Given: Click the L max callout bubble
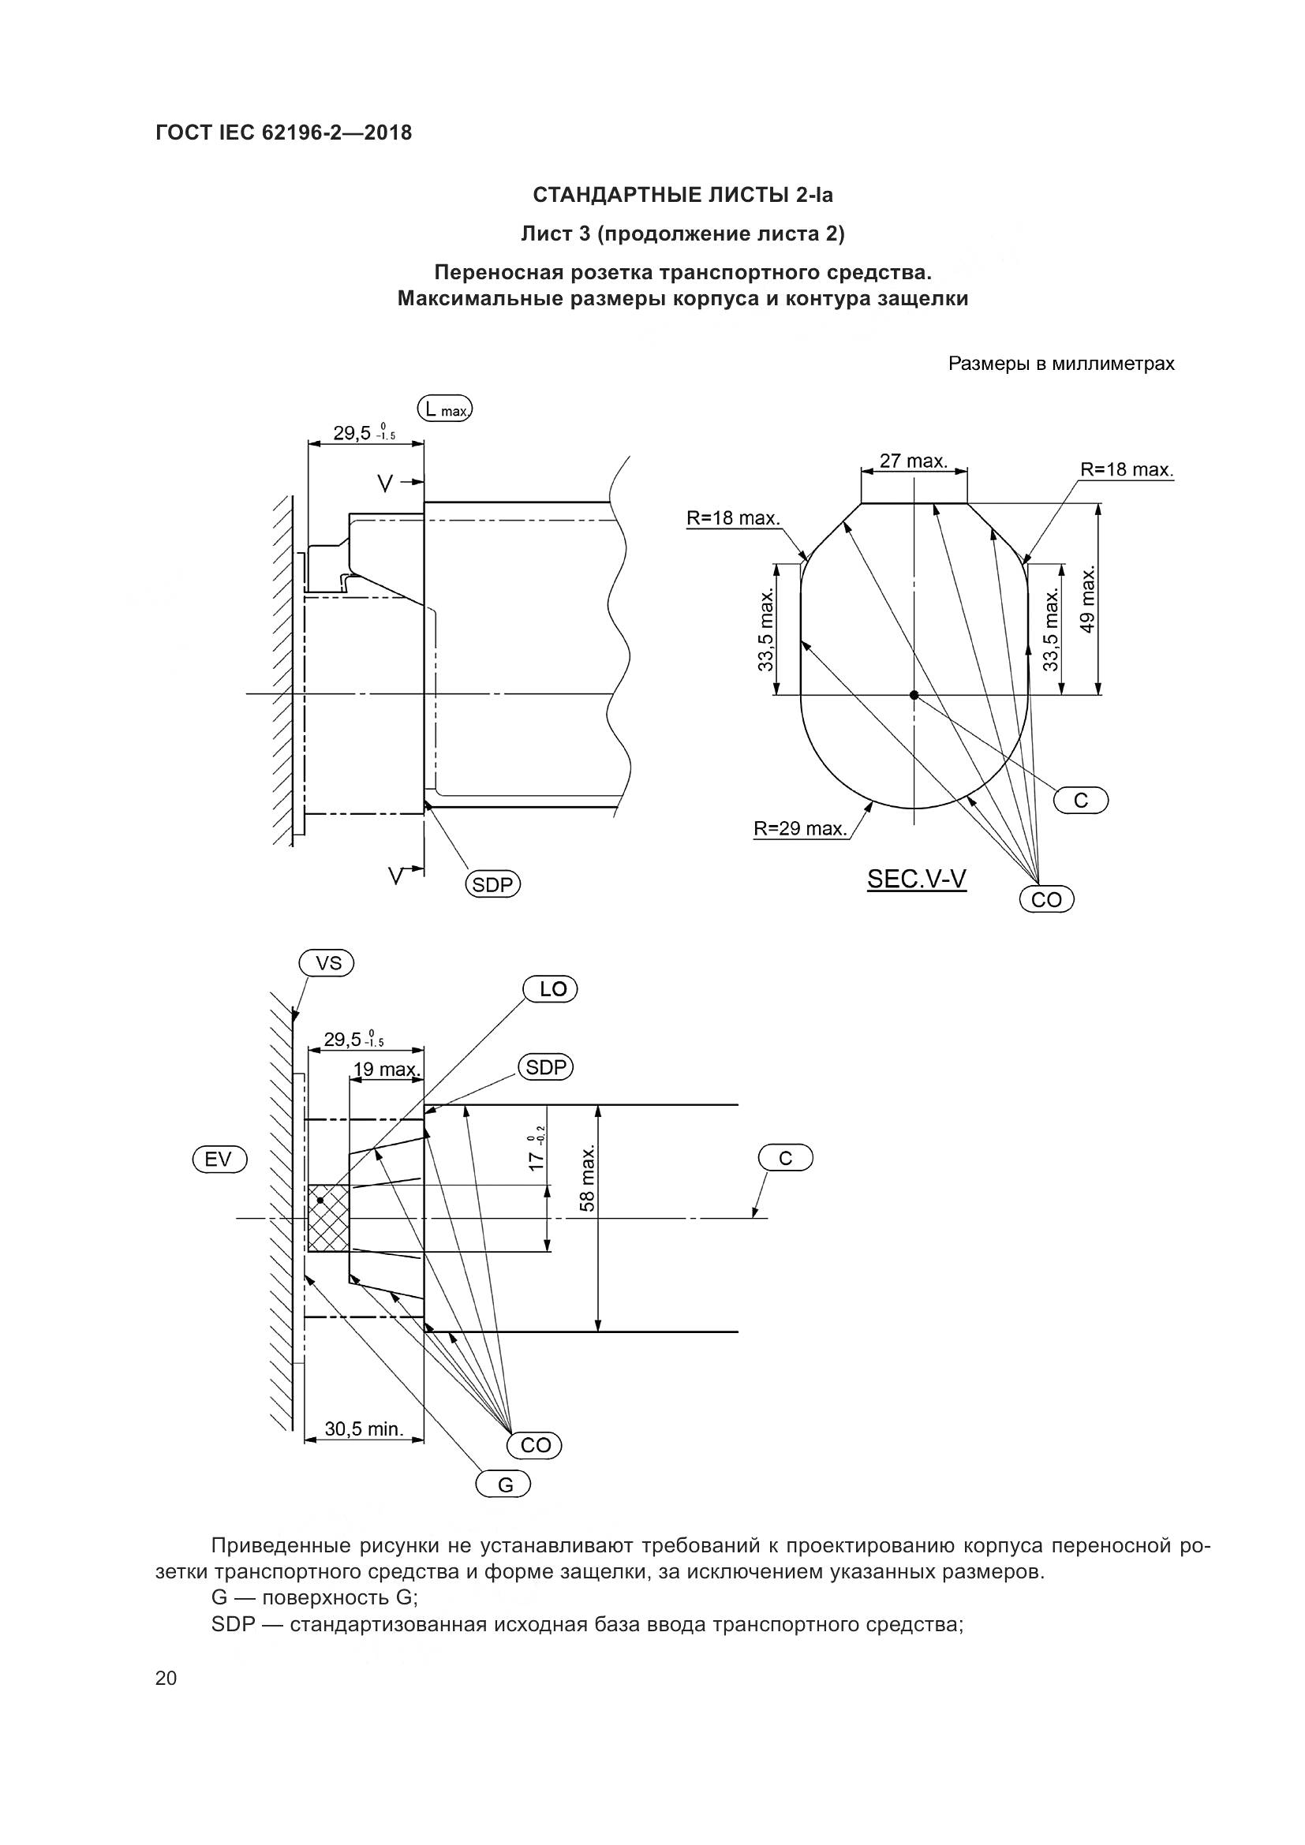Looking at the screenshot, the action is point(445,409).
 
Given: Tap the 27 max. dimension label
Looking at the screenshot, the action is point(914,461).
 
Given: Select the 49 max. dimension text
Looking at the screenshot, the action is point(1087,600).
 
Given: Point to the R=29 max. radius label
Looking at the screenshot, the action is point(800,828).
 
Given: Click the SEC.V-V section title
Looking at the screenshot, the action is point(916,879).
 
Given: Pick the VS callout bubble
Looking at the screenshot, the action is point(327,962).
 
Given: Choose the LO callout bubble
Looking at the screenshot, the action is point(551,989).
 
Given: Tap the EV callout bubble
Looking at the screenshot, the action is point(219,1159).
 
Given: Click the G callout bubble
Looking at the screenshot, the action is point(504,1485).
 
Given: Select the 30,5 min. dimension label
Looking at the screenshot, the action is point(363,1429).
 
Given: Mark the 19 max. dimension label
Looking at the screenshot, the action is point(387,1070).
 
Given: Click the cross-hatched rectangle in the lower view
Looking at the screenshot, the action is point(329,1218).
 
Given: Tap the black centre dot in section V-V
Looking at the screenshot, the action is point(914,695).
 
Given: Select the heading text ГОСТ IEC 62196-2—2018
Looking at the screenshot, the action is point(284,133).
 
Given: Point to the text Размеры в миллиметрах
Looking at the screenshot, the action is point(1061,364).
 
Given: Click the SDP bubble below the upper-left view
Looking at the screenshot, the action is point(492,885).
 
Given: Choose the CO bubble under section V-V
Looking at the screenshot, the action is point(1046,899).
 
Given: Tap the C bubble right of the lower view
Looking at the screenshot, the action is point(786,1158).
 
